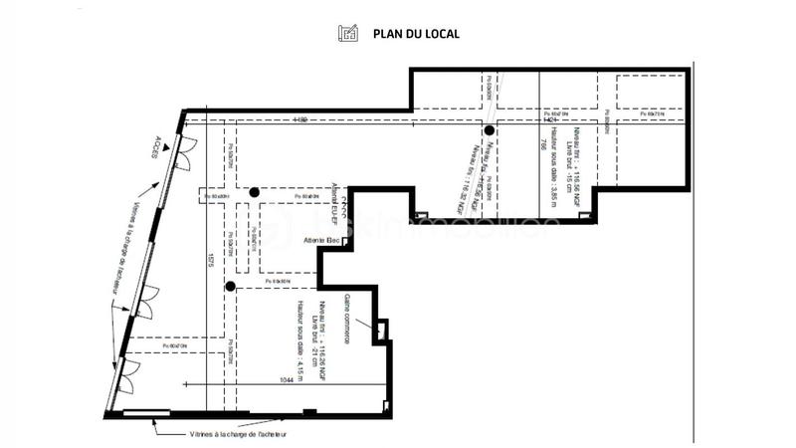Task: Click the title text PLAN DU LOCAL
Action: [x=416, y=34]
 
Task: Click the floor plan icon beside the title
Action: [x=348, y=34]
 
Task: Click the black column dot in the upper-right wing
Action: [x=489, y=130]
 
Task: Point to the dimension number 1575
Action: [x=212, y=262]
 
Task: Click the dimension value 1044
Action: [x=288, y=379]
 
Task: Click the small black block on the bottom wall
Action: [x=309, y=412]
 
